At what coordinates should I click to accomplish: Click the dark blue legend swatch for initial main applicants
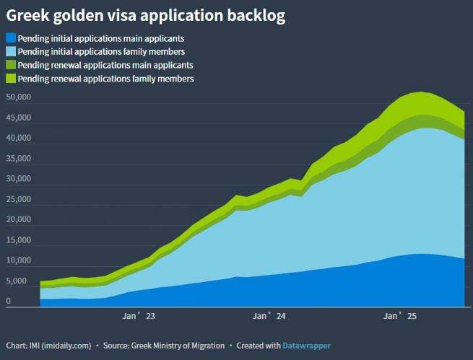point(10,38)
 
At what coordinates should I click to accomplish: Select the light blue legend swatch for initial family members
point(10,51)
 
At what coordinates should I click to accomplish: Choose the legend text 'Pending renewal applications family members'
point(105,78)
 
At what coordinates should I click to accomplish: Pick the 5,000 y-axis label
point(17,281)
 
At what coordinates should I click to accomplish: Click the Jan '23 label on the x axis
point(139,316)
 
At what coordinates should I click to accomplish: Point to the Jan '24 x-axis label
point(270,316)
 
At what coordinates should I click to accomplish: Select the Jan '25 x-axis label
point(400,316)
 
